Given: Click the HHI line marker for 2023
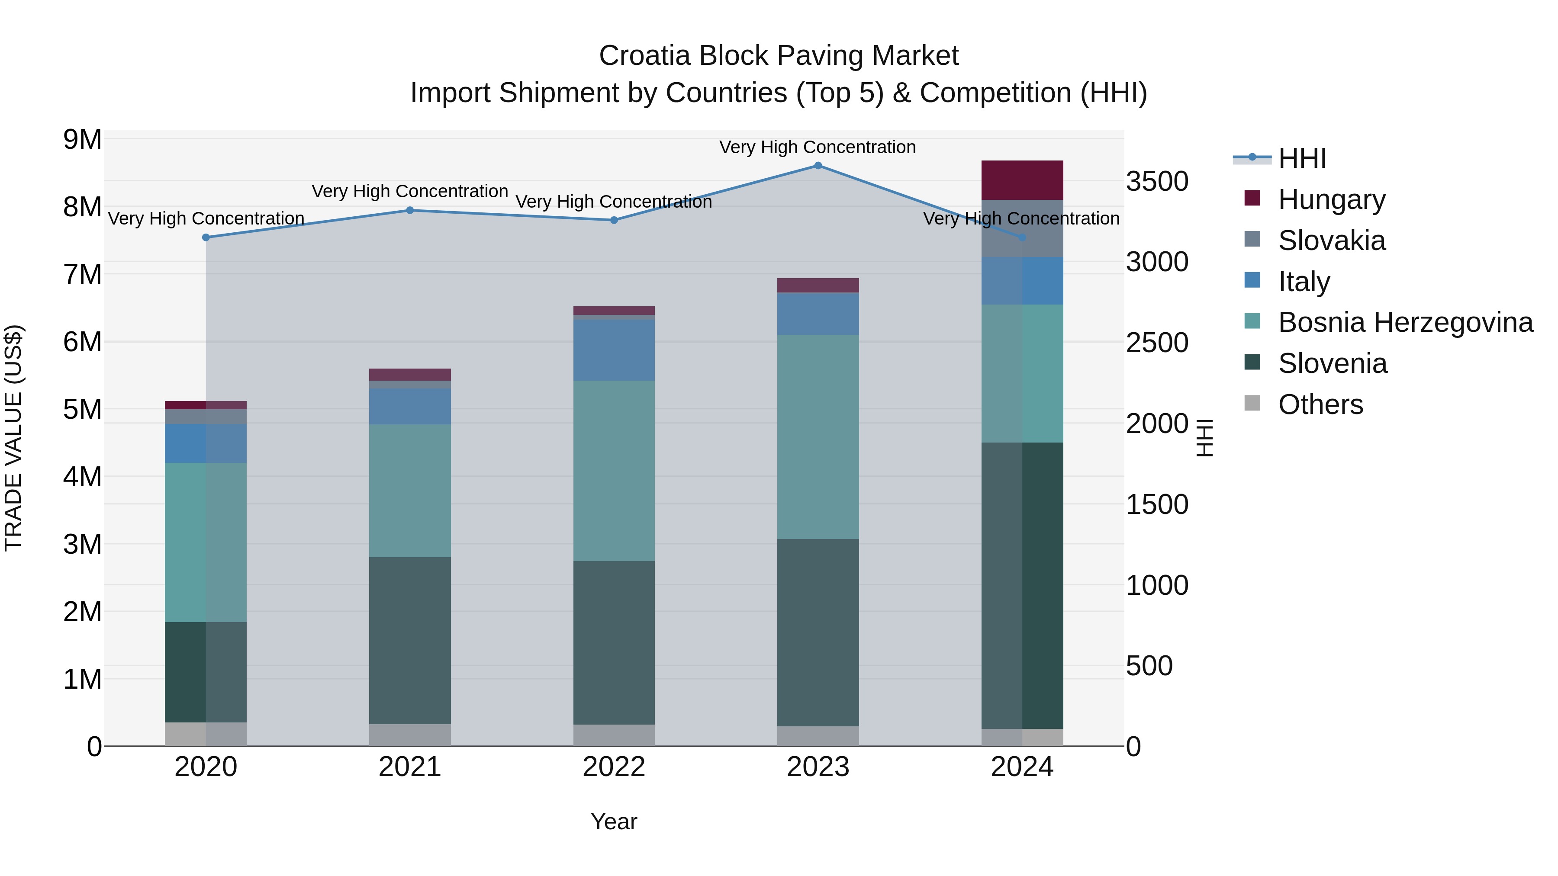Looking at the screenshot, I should (x=818, y=166).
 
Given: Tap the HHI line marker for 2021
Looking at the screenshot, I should (x=409, y=210).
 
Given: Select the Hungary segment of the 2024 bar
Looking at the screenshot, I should (x=1022, y=180).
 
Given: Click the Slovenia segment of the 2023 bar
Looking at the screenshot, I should (x=818, y=632).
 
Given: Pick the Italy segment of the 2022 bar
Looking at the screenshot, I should (x=614, y=350).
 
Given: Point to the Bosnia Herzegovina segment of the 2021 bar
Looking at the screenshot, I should (x=409, y=491).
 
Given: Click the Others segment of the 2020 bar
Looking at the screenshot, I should (x=206, y=734).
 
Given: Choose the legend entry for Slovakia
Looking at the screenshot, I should (x=1331, y=241).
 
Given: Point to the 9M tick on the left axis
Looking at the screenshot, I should (x=82, y=140).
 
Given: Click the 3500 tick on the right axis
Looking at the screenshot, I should (x=1156, y=181).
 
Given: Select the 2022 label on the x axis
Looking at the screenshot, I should (x=614, y=767).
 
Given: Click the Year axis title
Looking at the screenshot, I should (x=613, y=821).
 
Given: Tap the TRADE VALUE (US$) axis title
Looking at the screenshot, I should (x=13, y=438).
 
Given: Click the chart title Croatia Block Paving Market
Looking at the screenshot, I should (x=779, y=56).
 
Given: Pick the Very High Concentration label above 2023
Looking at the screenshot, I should (x=817, y=147).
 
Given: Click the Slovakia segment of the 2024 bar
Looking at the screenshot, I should (x=1022, y=228).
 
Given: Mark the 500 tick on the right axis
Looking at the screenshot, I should (x=1149, y=666).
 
